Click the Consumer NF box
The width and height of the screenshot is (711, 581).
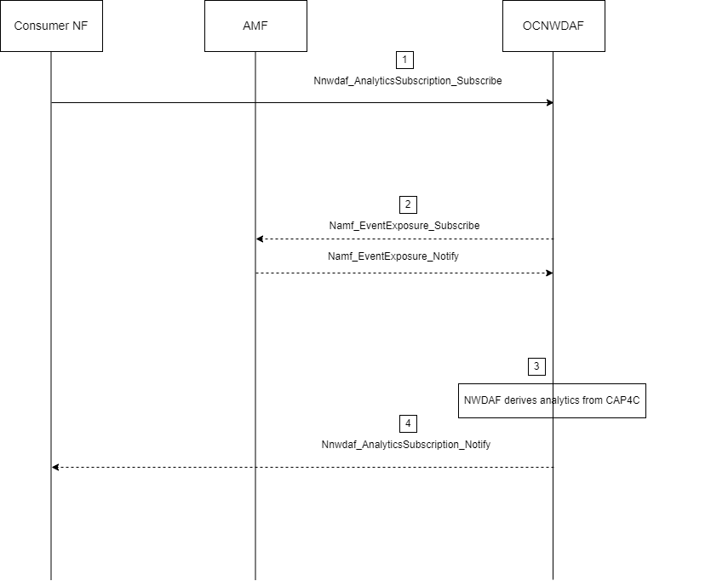(x=51, y=26)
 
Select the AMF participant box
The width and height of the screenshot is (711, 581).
(x=255, y=26)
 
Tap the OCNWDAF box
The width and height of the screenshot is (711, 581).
(x=553, y=26)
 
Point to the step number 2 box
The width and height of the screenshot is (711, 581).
(x=408, y=204)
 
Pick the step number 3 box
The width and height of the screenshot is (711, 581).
(x=536, y=366)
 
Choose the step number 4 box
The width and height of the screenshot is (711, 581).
(x=408, y=423)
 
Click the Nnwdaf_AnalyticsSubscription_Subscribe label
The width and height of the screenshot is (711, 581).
(x=407, y=82)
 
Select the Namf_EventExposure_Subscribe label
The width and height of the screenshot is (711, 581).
(x=404, y=226)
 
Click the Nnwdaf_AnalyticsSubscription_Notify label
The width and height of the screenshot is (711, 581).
(x=405, y=445)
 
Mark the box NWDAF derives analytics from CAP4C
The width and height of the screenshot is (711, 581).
(x=552, y=400)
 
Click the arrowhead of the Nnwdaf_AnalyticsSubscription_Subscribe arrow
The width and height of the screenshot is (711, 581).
(x=549, y=103)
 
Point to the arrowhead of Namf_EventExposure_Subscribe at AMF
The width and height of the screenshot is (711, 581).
(x=260, y=239)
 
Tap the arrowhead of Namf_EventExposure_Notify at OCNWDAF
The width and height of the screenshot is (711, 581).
(x=549, y=273)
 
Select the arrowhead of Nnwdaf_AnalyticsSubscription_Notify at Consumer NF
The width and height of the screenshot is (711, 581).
(x=55, y=467)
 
